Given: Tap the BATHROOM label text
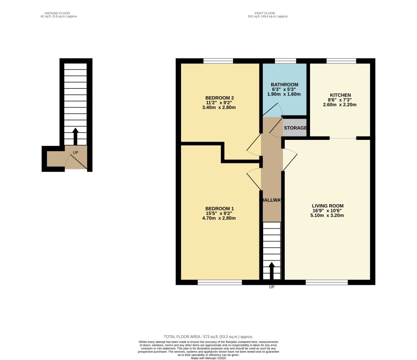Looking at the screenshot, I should [284, 84].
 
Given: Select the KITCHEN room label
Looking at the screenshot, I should [340, 95].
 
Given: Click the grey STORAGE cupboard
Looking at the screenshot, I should [295, 128].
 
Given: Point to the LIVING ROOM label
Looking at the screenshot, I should [328, 206].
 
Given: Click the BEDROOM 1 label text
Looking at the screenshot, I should [219, 208].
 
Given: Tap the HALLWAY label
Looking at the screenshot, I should [272, 200].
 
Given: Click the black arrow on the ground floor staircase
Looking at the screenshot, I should [75, 137].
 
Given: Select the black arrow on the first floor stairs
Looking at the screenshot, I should [271, 271].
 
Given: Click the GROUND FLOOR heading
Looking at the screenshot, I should [59, 13].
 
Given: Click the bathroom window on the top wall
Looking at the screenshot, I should [285, 61].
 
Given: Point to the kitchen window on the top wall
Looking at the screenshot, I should [341, 61].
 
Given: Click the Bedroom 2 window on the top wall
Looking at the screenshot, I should [218, 61].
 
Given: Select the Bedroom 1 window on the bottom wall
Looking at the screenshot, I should [219, 283].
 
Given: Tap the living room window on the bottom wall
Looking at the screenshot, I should [326, 283].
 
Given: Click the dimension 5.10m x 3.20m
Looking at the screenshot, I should [328, 216].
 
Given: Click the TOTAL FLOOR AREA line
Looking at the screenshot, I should [208, 337].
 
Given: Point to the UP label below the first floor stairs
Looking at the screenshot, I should [271, 287].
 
